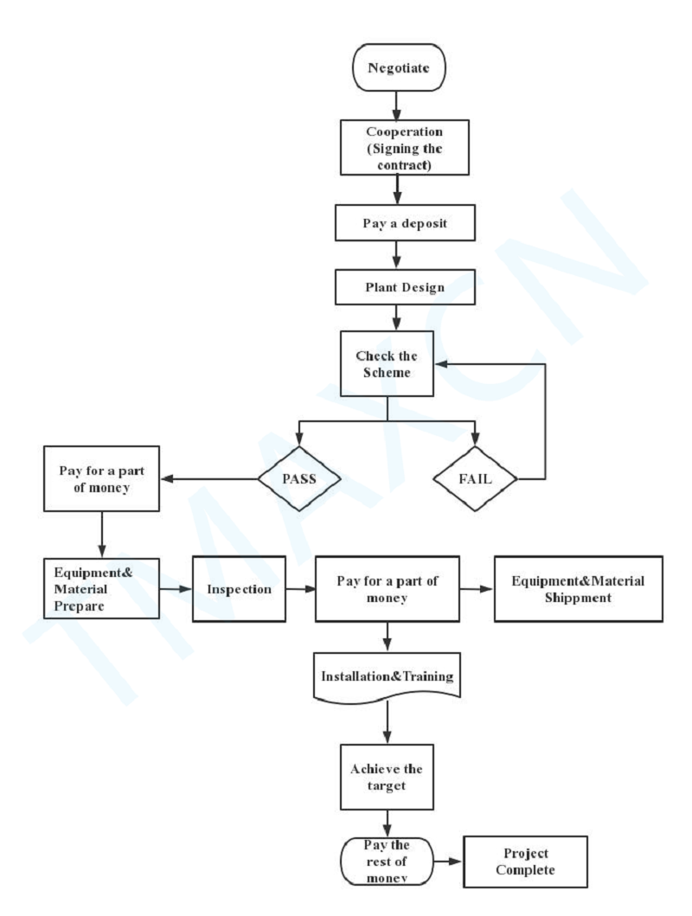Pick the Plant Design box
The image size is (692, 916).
point(395,286)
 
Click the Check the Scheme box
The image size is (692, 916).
point(388,363)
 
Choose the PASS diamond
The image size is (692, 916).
point(298,477)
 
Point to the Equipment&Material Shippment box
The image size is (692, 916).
point(578,588)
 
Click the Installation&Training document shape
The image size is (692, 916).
point(388,677)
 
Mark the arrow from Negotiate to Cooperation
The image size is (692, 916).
point(396,104)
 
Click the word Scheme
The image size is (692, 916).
point(388,375)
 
